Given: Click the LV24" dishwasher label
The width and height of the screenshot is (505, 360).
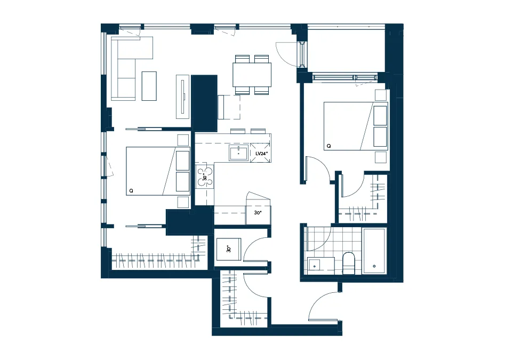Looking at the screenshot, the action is (x=261, y=154).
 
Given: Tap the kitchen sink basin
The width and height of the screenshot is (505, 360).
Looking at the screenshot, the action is (x=239, y=153).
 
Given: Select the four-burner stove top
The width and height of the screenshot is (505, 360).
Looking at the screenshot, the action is (x=205, y=177).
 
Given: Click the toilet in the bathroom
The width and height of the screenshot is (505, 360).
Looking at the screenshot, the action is (x=348, y=263).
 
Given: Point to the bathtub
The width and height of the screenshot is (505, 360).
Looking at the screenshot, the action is (x=374, y=251).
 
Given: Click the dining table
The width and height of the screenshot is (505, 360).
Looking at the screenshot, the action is (x=252, y=75).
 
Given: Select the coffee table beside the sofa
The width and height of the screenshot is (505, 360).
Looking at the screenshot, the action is (x=149, y=86).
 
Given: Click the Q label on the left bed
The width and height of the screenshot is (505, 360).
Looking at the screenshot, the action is (x=131, y=191).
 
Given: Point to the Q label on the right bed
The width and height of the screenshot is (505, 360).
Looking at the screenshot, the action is (x=329, y=146).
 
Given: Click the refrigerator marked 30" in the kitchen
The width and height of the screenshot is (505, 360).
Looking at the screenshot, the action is (x=258, y=212).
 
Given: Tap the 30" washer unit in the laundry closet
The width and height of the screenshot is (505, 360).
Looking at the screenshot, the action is (x=229, y=249).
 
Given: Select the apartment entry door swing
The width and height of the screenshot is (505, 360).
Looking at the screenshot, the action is (x=323, y=305).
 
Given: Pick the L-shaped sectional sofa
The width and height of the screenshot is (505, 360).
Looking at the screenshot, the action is (x=127, y=68).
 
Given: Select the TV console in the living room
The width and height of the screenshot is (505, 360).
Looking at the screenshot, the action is (x=182, y=97).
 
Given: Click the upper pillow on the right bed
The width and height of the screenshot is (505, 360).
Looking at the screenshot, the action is (x=380, y=116).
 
